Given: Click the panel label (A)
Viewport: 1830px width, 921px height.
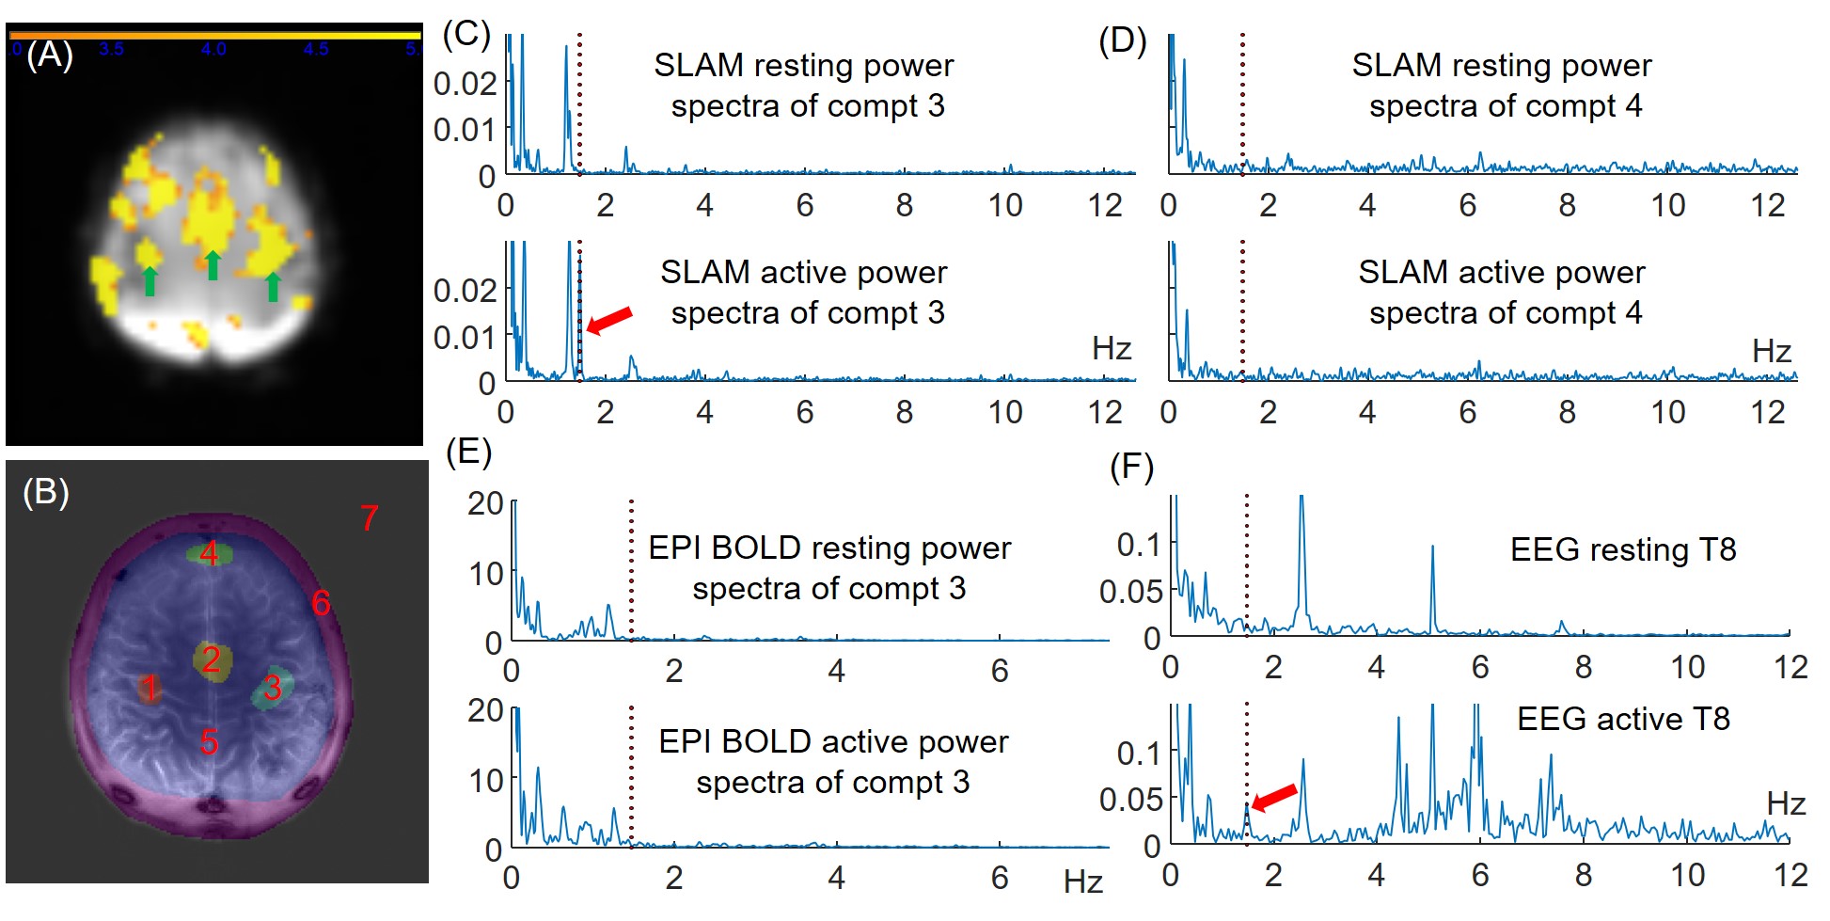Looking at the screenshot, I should click(49, 56).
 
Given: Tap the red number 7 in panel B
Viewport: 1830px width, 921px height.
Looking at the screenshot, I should click(370, 517).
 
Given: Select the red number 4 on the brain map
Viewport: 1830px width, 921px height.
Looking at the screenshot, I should click(209, 553).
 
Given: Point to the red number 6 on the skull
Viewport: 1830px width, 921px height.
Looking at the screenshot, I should click(321, 603).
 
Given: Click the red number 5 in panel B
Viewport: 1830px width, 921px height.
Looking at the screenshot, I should click(209, 742).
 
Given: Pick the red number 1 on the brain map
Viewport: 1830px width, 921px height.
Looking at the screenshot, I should click(150, 689).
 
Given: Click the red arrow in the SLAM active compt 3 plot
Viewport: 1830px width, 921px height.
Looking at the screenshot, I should click(609, 320).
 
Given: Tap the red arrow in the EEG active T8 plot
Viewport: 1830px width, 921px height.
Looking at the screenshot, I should click(1274, 798).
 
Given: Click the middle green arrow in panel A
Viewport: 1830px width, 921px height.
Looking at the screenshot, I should click(213, 264).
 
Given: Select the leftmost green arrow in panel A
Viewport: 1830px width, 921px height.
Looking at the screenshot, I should click(150, 280).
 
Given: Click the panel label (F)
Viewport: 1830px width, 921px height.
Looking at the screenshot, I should click(1131, 467).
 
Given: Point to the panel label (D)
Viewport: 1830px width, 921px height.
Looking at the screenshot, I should click(1122, 41).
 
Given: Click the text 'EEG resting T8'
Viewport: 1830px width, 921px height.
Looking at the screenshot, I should click(1622, 549).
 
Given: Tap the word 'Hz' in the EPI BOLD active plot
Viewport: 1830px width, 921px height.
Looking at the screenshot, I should click(1082, 881).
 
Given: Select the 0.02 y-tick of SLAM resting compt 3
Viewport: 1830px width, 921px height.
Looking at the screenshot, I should click(465, 84).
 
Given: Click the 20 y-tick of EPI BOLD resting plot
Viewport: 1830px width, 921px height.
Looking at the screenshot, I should click(485, 503).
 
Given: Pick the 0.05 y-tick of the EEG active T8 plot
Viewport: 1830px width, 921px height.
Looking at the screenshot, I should click(1130, 800).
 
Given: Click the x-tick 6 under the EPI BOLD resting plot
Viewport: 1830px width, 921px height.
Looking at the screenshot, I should click(1000, 670).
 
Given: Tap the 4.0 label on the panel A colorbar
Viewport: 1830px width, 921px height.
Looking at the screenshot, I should click(213, 49).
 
